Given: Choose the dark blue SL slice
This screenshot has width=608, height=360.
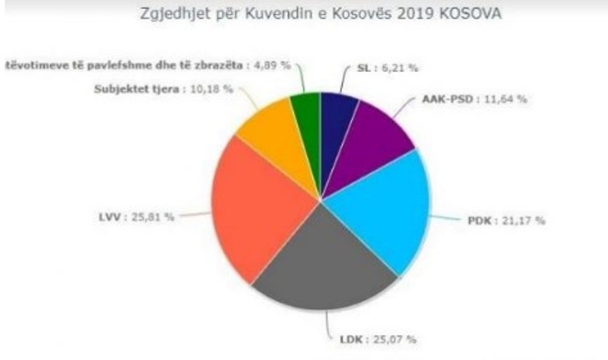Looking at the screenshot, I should (338, 114).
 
